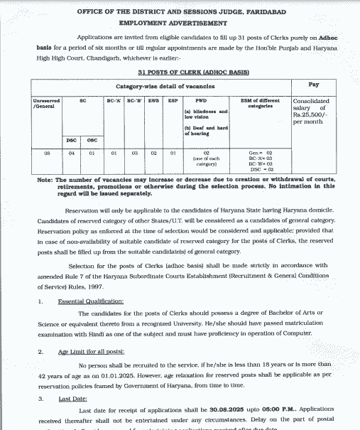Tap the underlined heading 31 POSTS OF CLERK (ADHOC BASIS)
183,72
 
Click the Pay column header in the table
313,85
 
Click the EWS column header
153,101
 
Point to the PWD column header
190,101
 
